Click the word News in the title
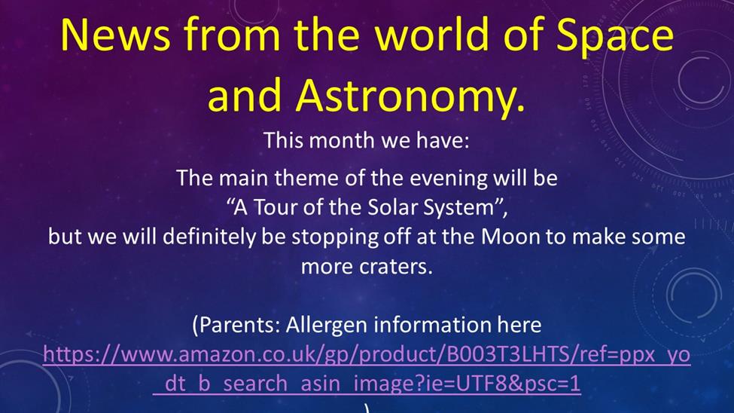115,35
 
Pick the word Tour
275,206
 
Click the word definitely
210,237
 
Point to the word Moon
510,237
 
